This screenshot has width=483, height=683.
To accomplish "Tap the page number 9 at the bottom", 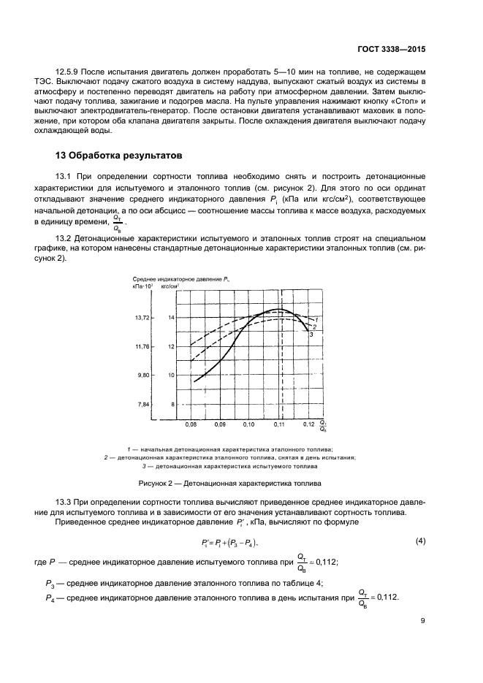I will [x=423, y=622].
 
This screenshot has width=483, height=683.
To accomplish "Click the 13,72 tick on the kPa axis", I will [x=142, y=318].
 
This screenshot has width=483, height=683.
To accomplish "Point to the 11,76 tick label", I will [x=142, y=346].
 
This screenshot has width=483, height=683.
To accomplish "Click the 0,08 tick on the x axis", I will [x=191, y=424].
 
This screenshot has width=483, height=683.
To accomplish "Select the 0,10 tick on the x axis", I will [x=248, y=424].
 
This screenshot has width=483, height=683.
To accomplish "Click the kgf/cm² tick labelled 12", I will [x=172, y=346].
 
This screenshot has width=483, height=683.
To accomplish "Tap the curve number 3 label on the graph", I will [x=311, y=335].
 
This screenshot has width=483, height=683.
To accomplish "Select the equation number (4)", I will [x=420, y=541].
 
